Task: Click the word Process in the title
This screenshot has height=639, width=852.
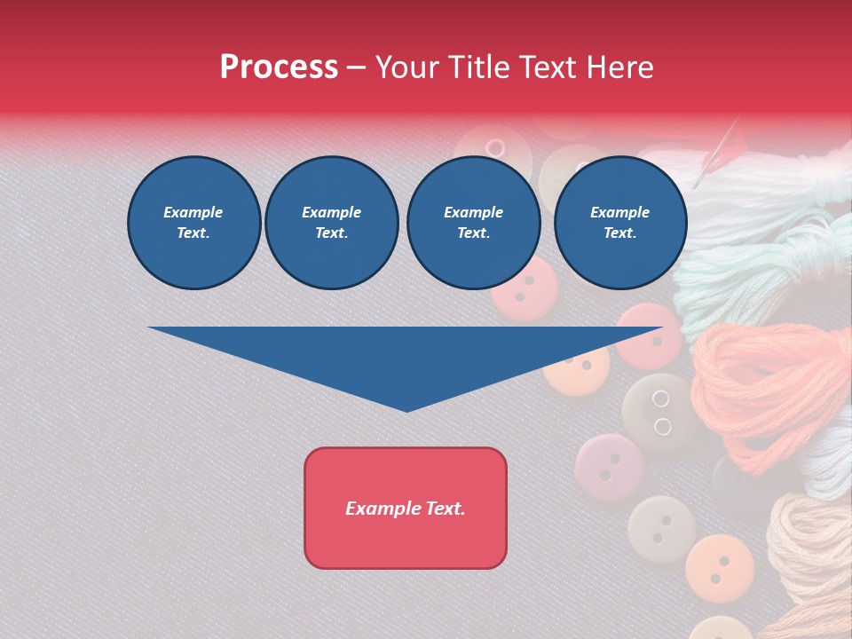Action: [279, 67]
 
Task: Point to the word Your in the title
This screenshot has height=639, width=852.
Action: [410, 67]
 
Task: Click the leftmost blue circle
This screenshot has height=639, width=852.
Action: [193, 222]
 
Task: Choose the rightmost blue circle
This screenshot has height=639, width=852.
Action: [619, 222]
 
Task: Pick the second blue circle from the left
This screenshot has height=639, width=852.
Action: [331, 222]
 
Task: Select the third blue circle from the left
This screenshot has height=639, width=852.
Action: [473, 222]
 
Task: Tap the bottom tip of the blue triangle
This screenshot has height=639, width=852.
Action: [406, 409]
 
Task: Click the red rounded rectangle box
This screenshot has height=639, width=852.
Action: [406, 508]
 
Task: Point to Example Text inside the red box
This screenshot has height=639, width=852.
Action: [406, 509]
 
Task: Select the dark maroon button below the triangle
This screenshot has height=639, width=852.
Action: [610, 467]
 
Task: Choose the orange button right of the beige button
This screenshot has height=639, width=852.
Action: [719, 564]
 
